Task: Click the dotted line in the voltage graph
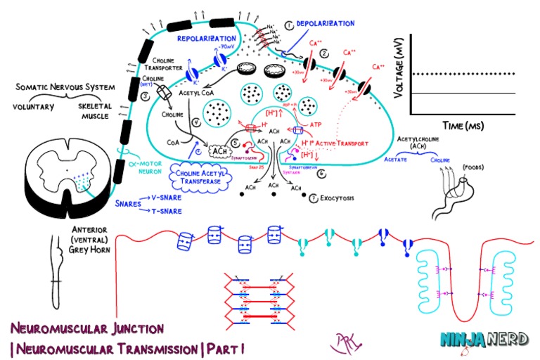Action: click(464, 74)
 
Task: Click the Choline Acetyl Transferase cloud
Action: click(201, 176)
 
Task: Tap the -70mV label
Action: click(229, 46)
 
